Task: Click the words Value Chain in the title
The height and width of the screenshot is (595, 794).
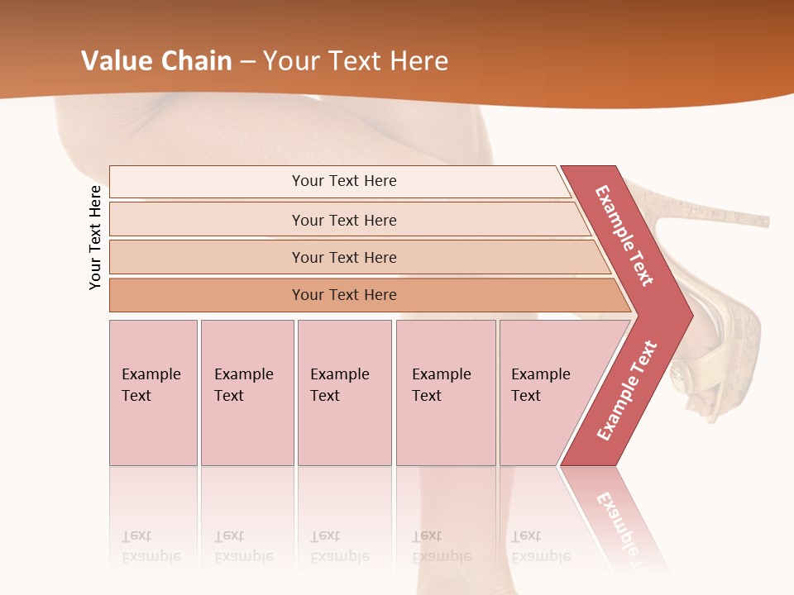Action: (x=156, y=61)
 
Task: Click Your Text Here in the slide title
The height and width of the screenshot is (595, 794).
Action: (x=356, y=61)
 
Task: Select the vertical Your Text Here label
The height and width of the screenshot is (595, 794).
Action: (x=95, y=237)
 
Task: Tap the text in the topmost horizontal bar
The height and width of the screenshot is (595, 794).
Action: (x=344, y=181)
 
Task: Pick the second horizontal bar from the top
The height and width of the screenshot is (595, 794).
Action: (x=344, y=220)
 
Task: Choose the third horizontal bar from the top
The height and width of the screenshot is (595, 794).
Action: (x=344, y=257)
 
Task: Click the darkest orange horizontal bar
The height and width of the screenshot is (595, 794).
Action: (x=344, y=295)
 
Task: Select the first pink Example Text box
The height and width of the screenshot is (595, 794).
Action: (x=153, y=393)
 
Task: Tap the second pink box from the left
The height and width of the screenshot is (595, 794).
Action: (x=246, y=393)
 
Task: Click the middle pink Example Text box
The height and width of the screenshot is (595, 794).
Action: (x=344, y=393)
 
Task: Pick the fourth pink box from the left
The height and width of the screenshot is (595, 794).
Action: (x=446, y=393)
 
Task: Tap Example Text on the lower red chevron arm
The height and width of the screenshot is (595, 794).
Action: (x=627, y=391)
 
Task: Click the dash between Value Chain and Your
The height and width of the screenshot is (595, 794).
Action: (x=247, y=61)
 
